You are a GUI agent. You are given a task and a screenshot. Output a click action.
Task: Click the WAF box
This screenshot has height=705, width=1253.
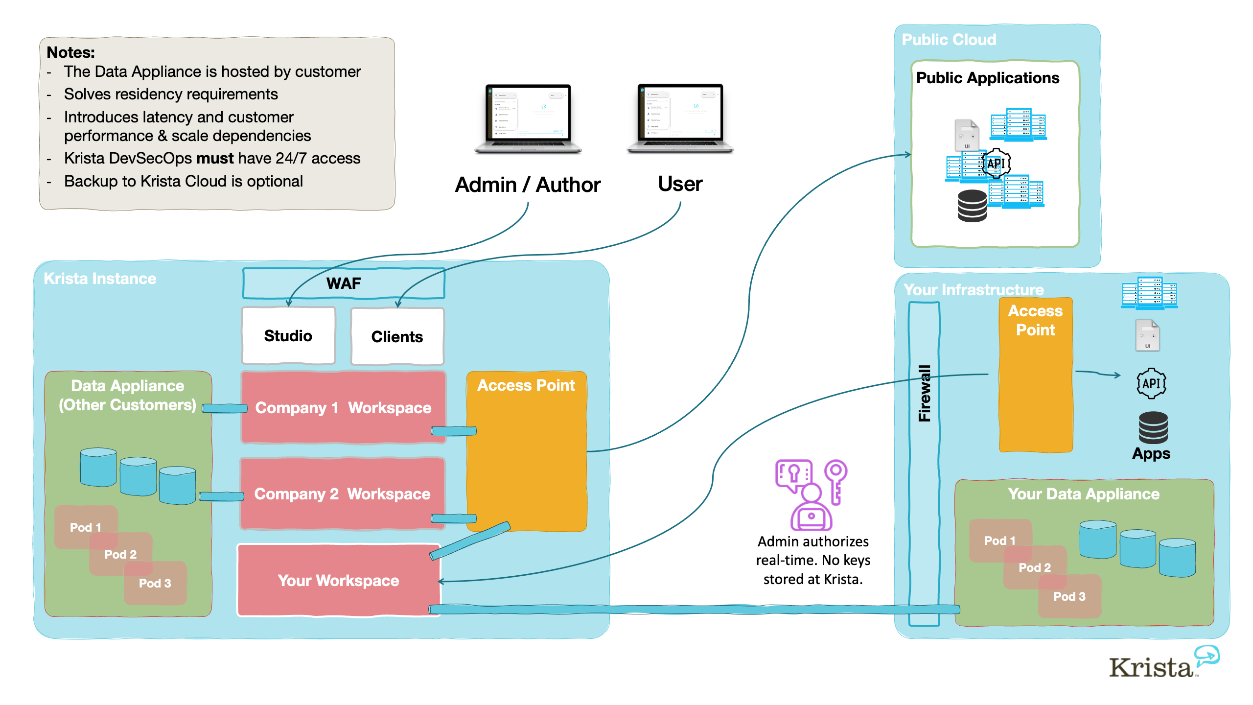[x=344, y=283]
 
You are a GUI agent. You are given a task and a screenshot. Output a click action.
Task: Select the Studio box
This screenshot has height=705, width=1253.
[x=288, y=336]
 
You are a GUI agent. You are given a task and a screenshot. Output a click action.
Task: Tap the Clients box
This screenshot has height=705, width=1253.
[x=397, y=337]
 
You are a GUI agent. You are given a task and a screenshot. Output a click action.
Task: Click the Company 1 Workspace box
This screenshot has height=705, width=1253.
[x=343, y=407]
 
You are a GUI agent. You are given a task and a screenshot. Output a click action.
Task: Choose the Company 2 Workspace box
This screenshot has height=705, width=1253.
[x=342, y=493]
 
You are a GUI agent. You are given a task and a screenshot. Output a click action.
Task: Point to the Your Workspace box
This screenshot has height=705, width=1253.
[x=338, y=580]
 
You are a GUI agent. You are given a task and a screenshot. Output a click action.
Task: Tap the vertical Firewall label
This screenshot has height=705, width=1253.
[x=924, y=393]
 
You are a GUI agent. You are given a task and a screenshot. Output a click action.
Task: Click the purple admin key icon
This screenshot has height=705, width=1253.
[x=811, y=494]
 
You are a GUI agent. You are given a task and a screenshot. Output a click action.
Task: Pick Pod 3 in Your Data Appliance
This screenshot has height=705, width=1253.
[x=1069, y=596]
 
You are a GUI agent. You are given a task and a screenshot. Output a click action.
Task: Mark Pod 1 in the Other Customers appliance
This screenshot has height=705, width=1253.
[x=85, y=527]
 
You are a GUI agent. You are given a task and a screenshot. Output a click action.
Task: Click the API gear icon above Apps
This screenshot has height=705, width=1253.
[x=1151, y=383]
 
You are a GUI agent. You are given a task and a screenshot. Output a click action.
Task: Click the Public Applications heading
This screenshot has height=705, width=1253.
[x=988, y=78]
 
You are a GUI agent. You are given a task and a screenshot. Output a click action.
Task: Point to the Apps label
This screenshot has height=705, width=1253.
[x=1151, y=453]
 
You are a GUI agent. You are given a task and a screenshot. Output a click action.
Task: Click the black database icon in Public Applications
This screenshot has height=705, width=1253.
[x=972, y=206]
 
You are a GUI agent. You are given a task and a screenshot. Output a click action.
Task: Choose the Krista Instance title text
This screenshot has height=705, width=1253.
[x=100, y=279]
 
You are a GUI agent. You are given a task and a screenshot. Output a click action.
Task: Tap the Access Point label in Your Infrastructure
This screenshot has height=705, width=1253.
[x=1036, y=320]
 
